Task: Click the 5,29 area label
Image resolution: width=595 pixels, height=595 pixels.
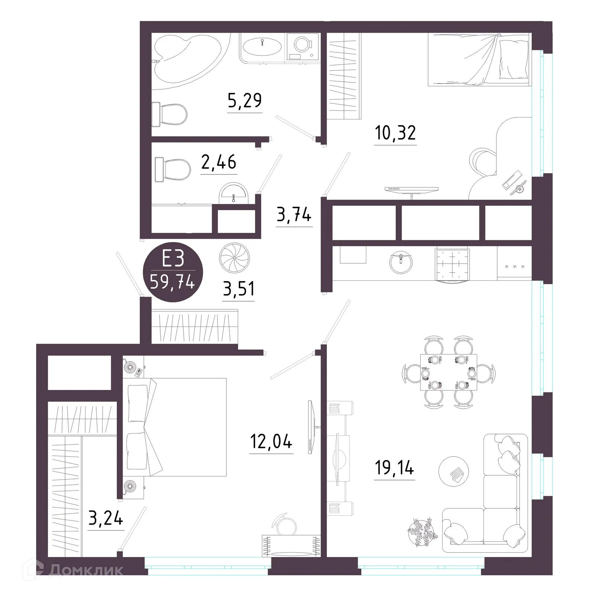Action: click(245, 100)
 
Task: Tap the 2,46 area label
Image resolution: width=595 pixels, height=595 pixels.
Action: click(219, 163)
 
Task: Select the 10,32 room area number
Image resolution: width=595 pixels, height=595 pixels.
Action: click(395, 133)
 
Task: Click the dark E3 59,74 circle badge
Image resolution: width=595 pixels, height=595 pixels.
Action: click(173, 272)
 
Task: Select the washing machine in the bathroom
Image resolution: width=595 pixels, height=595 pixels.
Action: click(303, 46)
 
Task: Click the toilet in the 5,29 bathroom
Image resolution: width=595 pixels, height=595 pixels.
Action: click(173, 114)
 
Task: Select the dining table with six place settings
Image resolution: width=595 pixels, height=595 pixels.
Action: click(448, 372)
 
